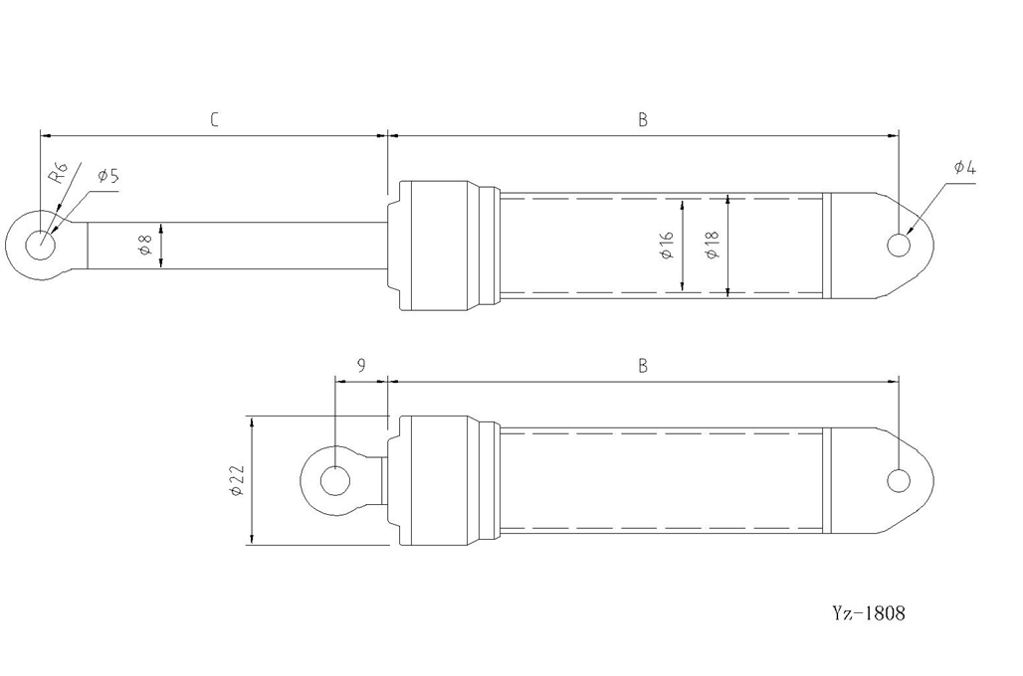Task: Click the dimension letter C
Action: point(214,120)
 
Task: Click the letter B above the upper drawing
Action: point(643,120)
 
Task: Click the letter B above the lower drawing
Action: point(643,366)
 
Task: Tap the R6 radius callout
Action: point(59,173)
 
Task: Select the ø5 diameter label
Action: point(108,176)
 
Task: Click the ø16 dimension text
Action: point(667,246)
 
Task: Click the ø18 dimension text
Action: point(712,246)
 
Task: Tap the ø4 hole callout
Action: point(965,168)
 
